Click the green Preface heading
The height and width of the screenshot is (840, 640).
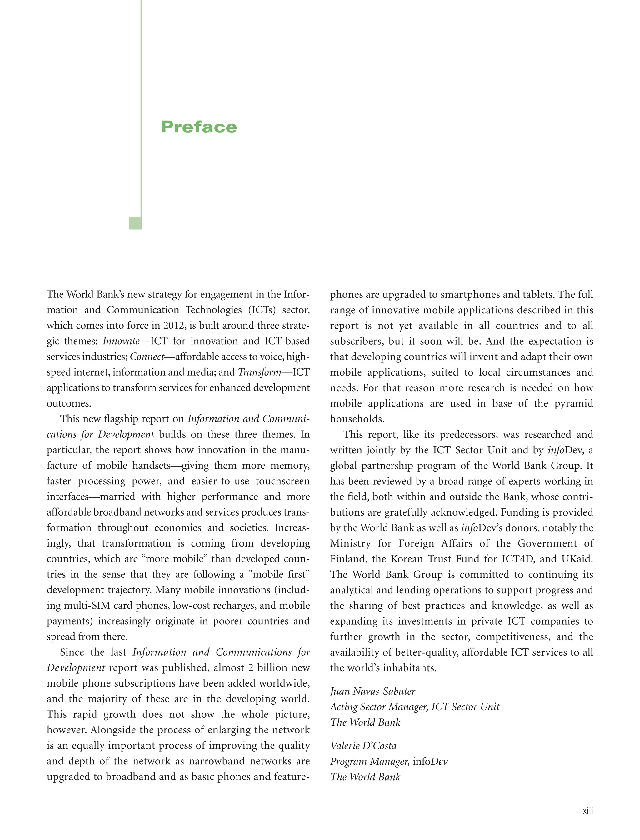pyautogui.click(x=199, y=127)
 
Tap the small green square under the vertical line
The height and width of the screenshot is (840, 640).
pyautogui.click(x=135, y=223)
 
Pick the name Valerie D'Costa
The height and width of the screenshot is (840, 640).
pyautogui.click(x=363, y=746)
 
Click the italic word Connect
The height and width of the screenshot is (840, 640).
pyautogui.click(x=147, y=357)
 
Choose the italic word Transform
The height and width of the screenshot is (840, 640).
pyautogui.click(x=259, y=372)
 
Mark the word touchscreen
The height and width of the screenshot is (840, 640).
pyautogui.click(x=283, y=481)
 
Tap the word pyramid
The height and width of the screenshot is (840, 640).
pyautogui.click(x=573, y=403)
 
